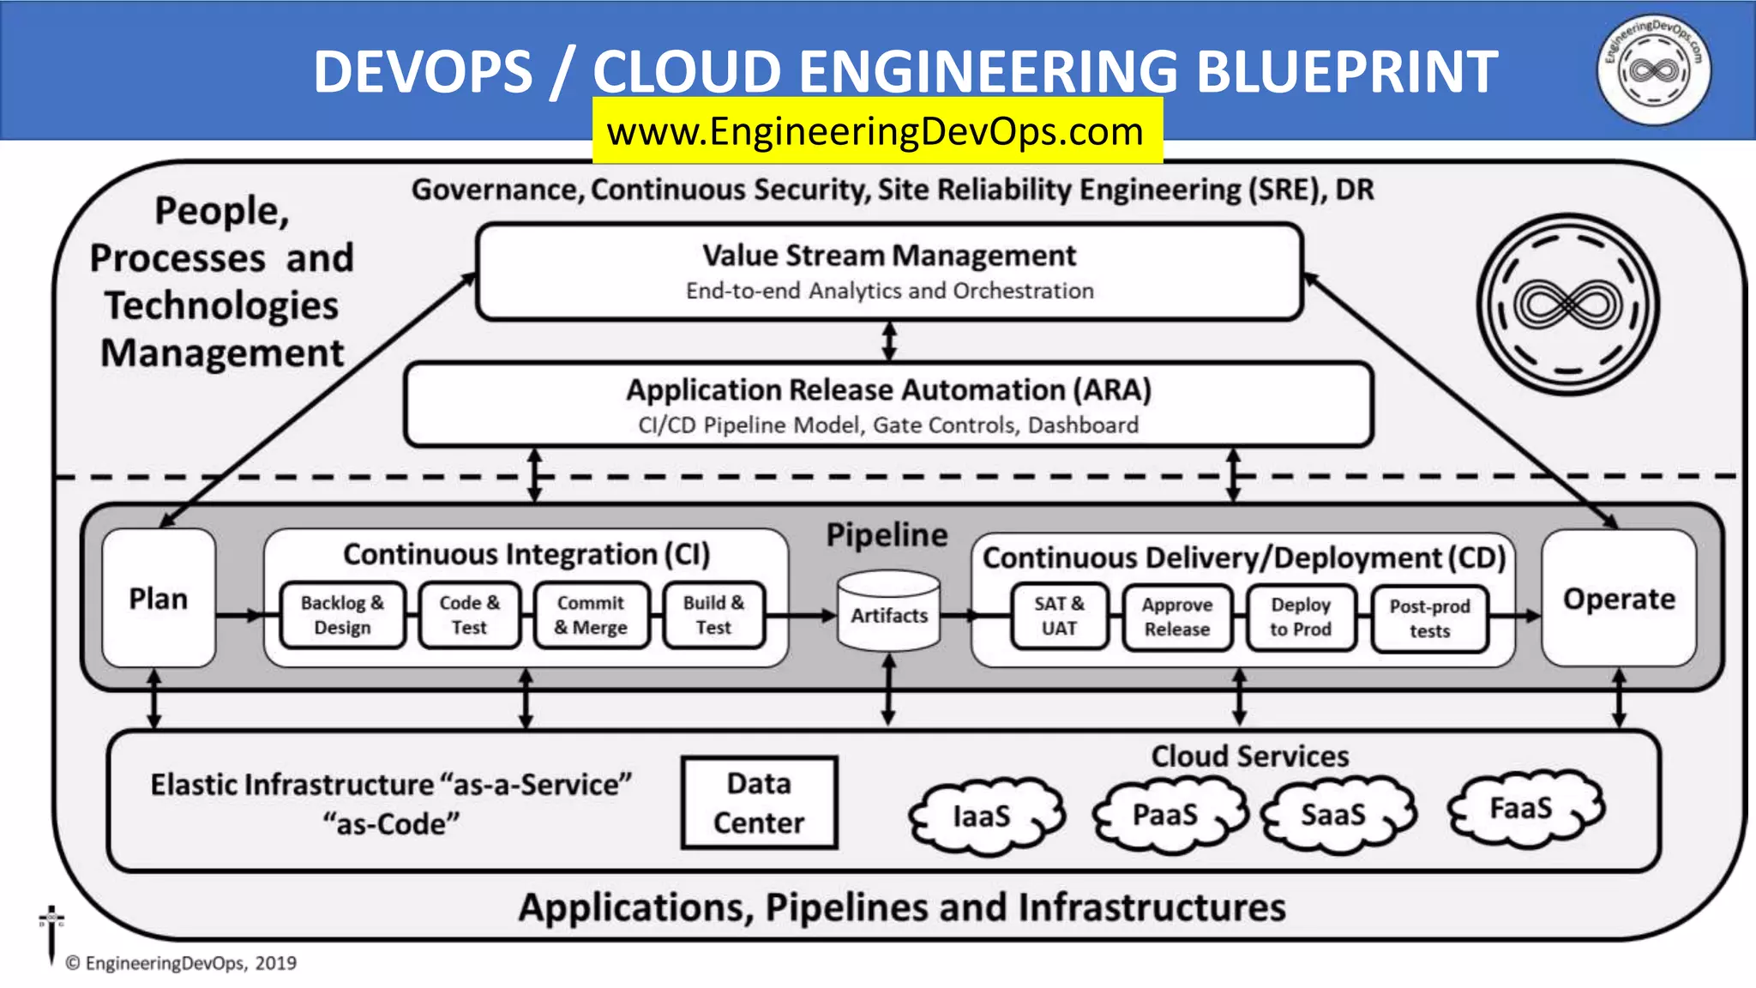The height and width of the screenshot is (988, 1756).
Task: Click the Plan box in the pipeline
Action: click(x=159, y=598)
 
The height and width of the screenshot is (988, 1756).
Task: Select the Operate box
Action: click(x=1618, y=598)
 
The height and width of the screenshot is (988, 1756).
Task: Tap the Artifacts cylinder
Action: click(x=888, y=612)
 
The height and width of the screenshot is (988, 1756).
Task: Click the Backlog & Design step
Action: click(x=342, y=615)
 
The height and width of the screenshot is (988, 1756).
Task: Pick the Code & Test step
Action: click(x=469, y=615)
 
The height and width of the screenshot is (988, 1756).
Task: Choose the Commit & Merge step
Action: click(x=591, y=615)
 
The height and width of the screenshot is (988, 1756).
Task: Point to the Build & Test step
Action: click(x=713, y=615)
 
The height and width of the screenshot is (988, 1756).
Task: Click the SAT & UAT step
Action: click(x=1059, y=616)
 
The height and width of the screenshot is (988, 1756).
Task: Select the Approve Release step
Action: click(x=1177, y=617)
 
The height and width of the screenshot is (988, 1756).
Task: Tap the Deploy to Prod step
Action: click(x=1301, y=617)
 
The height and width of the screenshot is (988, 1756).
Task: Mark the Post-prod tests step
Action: click(x=1429, y=618)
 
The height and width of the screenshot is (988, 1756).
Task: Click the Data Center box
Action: click(x=759, y=803)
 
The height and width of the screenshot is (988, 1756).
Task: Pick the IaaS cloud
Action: click(x=983, y=816)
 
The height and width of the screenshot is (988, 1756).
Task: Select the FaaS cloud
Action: click(x=1522, y=809)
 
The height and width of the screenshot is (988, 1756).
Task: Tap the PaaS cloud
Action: click(x=1166, y=814)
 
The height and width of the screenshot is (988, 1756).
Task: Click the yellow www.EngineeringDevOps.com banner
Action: click(x=876, y=131)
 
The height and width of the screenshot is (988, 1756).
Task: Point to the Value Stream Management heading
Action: click(x=888, y=256)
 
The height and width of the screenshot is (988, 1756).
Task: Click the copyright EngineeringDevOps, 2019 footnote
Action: click(x=181, y=963)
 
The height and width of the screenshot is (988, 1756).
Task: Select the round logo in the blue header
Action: click(x=1653, y=69)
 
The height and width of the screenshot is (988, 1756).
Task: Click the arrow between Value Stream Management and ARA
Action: click(x=889, y=341)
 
